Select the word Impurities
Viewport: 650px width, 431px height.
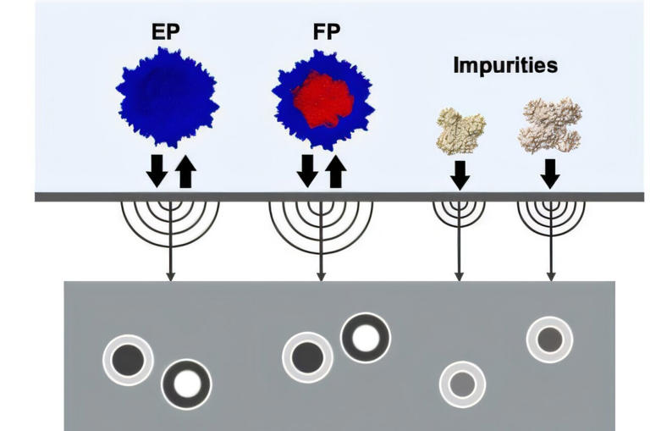point(505,65)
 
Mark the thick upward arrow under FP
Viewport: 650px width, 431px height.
point(336,171)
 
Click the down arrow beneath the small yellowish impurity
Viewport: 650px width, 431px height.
point(460,174)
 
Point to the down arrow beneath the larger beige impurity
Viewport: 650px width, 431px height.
point(550,174)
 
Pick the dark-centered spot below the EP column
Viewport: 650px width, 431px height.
point(127,360)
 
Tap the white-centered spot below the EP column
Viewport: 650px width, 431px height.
point(186,384)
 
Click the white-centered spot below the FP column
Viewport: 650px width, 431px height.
point(366,338)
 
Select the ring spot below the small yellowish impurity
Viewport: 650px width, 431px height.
point(462,384)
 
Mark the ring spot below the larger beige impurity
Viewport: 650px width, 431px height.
point(550,340)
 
